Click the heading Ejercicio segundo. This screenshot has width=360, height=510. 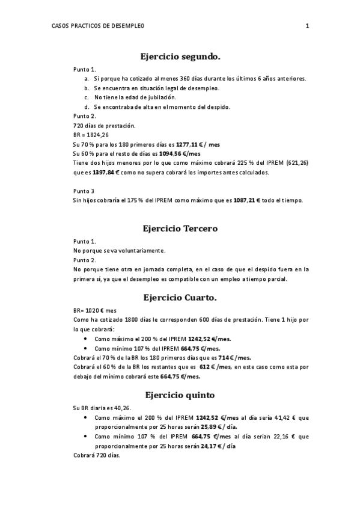pos(180,57)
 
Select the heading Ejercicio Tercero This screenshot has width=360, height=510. pos(180,229)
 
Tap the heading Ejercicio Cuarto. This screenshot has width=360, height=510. pos(180,297)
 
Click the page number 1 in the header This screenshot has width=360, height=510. pos(307,26)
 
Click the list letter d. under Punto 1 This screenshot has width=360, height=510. pos(87,107)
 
